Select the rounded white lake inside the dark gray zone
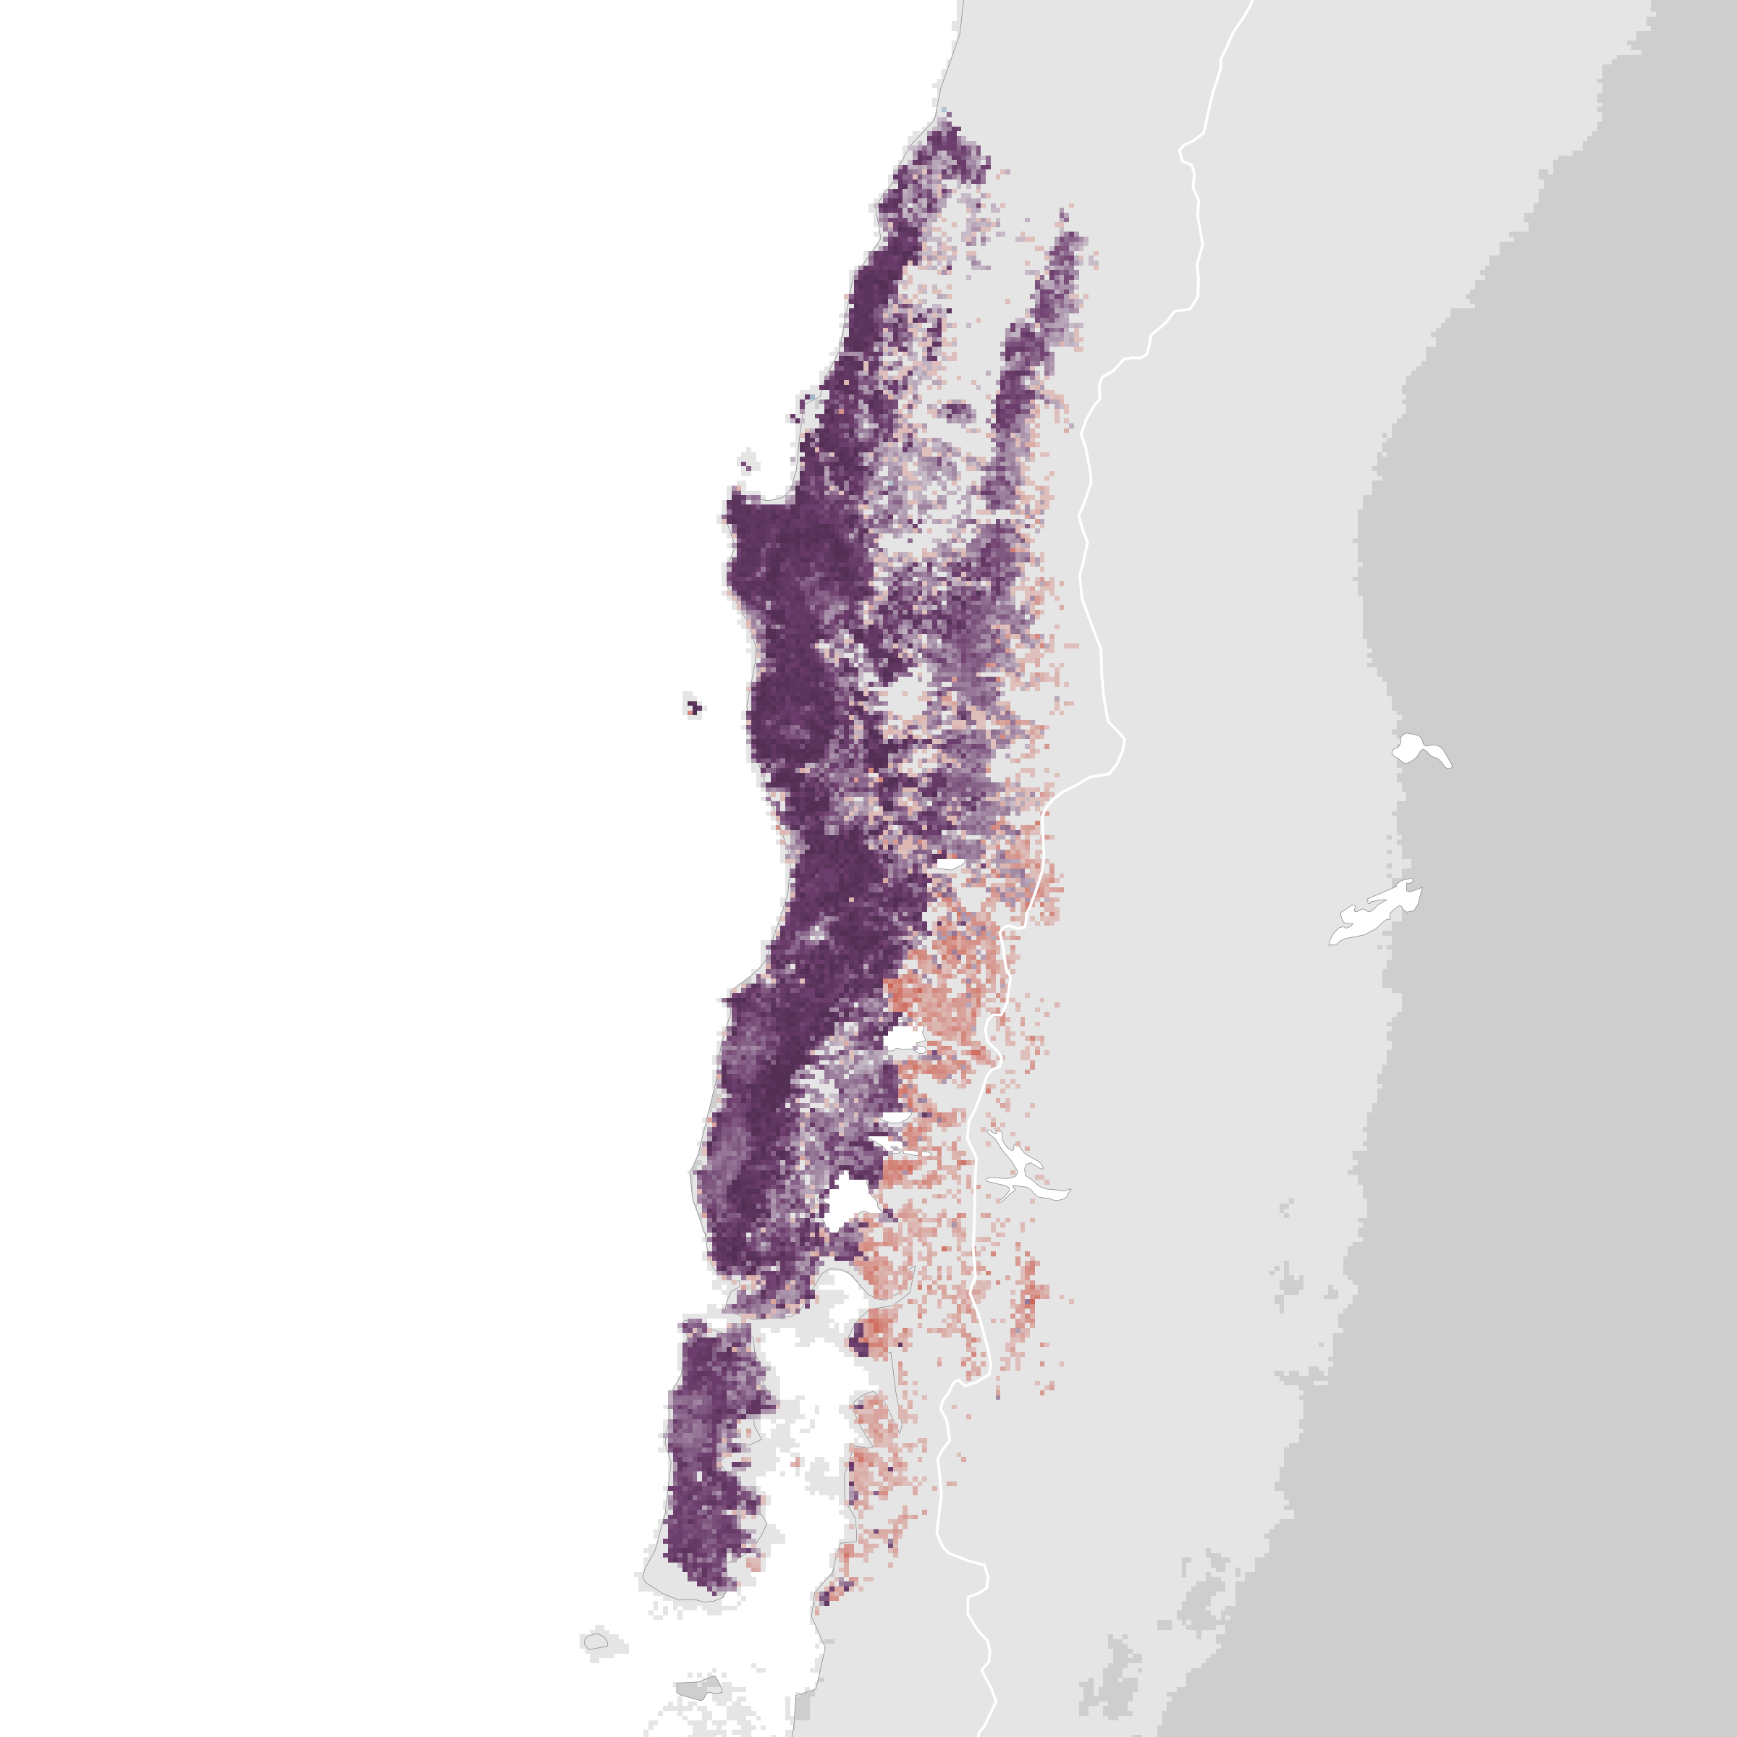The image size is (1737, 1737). click(1419, 749)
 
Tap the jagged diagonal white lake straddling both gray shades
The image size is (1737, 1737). click(1376, 913)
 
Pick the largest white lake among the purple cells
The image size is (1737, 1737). click(848, 1200)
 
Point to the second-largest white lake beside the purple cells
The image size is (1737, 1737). click(903, 1039)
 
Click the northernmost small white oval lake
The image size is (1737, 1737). click(950, 864)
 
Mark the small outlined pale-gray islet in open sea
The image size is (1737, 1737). click(594, 1641)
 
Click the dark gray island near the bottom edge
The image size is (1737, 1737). click(699, 1686)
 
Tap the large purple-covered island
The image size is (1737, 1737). click(710, 1456)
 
